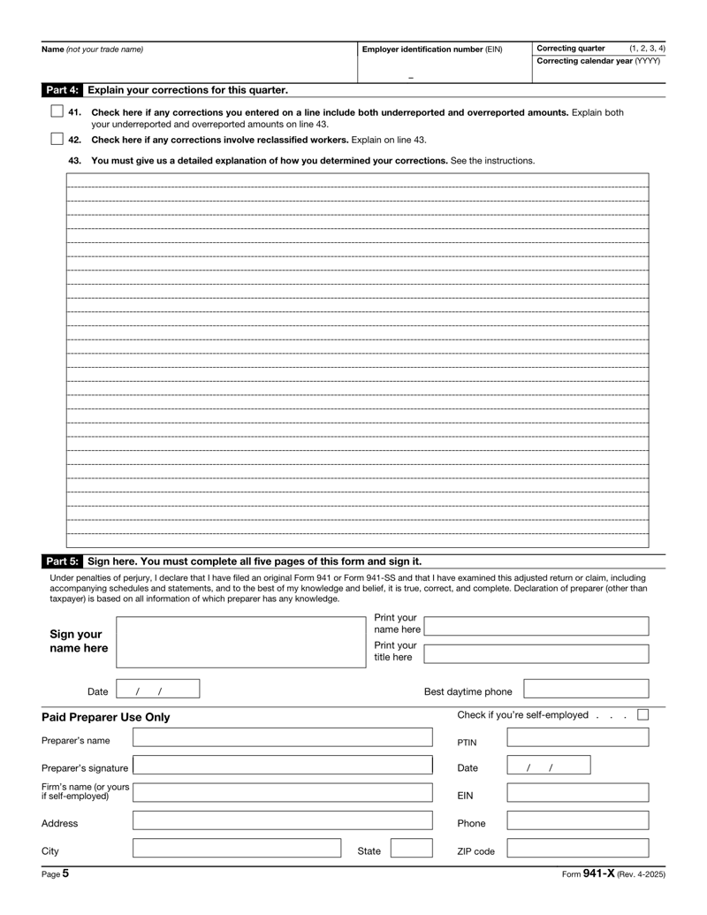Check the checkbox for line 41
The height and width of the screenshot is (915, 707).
(x=57, y=112)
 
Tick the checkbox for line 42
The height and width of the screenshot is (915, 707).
(x=57, y=139)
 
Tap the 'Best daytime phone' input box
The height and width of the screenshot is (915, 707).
(x=587, y=690)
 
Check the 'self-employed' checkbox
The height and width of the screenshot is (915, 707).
(x=643, y=714)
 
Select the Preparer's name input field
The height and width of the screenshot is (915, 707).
(x=283, y=738)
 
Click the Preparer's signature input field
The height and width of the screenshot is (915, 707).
(x=283, y=766)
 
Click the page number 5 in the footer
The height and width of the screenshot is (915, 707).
(x=65, y=873)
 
